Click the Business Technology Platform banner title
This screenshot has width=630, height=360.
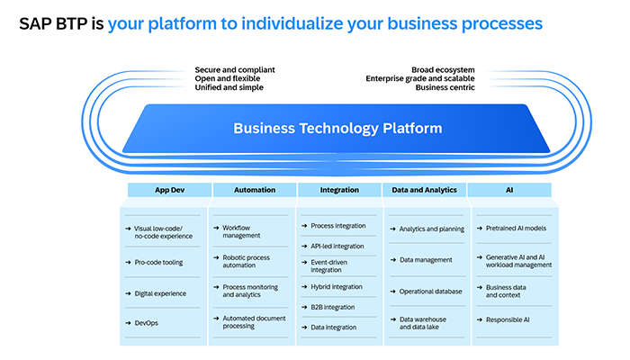tap(337, 128)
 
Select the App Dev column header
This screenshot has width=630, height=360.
tap(168, 190)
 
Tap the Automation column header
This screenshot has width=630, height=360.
tap(255, 190)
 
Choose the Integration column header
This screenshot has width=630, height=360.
tap(339, 190)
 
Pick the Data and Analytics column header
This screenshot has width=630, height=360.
tap(426, 190)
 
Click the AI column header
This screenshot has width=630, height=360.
tap(511, 190)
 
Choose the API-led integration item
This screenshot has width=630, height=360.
tap(337, 246)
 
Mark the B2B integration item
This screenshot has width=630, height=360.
tap(334, 307)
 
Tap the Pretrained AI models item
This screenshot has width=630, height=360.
tap(516, 229)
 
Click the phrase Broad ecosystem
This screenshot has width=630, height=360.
tap(443, 69)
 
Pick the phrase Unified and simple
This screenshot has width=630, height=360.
tap(229, 87)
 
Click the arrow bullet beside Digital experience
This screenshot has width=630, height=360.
tap(126, 293)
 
